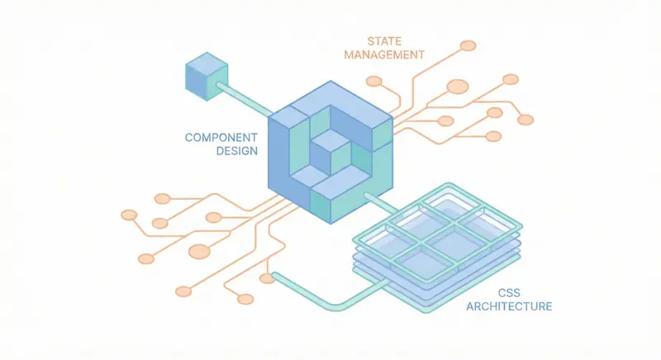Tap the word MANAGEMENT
383,55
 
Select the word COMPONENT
221,137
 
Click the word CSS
509,292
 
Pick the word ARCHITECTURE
509,307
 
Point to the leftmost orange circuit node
129,215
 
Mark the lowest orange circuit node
245,298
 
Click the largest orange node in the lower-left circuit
199,251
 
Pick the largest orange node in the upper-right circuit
457,86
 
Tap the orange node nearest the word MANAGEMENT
374,81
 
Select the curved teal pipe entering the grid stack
322,298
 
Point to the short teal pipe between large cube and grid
379,201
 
